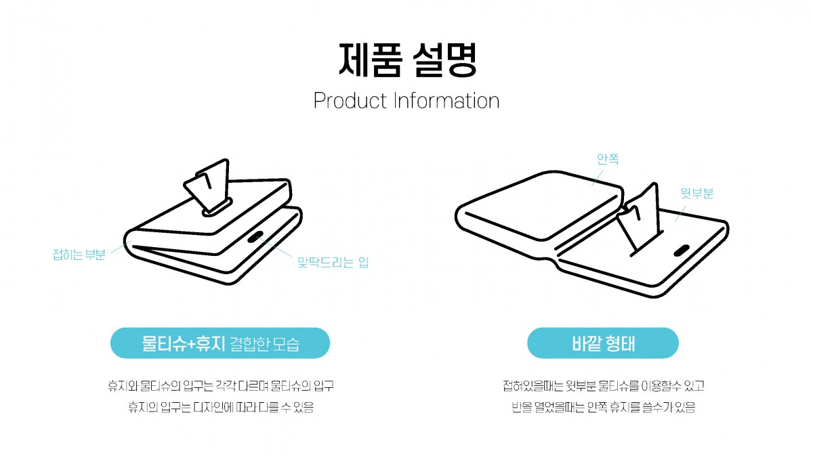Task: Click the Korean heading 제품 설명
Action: (407, 60)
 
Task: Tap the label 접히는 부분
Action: (79, 255)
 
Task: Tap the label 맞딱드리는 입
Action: (333, 262)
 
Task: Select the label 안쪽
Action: (608, 159)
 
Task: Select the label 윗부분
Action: (697, 193)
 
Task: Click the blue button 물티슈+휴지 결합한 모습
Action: (220, 343)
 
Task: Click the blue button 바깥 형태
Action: (603, 343)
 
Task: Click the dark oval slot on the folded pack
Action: (255, 237)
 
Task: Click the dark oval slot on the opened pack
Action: (682, 251)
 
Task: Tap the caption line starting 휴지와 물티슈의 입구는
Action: (221, 385)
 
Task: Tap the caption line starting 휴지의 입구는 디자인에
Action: (221, 407)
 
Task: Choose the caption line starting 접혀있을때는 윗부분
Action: (603, 385)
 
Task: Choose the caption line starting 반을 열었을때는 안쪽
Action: (603, 407)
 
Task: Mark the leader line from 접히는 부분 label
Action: (121, 246)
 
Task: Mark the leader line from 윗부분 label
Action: (680, 213)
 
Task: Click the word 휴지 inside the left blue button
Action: (211, 343)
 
